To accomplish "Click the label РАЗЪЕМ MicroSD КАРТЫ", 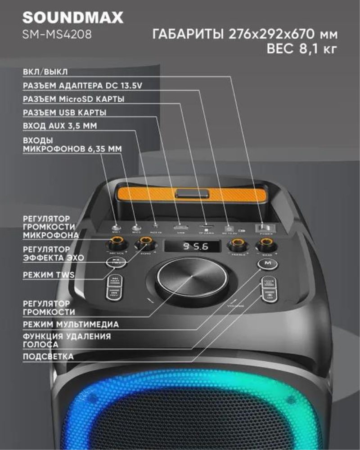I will [x=73, y=99].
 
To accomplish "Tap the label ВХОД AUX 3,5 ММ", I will [x=59, y=126].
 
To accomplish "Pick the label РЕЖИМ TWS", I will [x=49, y=275].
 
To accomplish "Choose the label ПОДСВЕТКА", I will [x=48, y=356].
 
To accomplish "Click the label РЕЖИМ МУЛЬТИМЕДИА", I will [x=71, y=324].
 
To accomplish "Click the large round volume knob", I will [x=192, y=281].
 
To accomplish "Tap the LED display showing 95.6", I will [x=192, y=247].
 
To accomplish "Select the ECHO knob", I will [x=144, y=245].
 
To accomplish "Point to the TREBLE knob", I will [x=236, y=245].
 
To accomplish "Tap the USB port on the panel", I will [x=181, y=227].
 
